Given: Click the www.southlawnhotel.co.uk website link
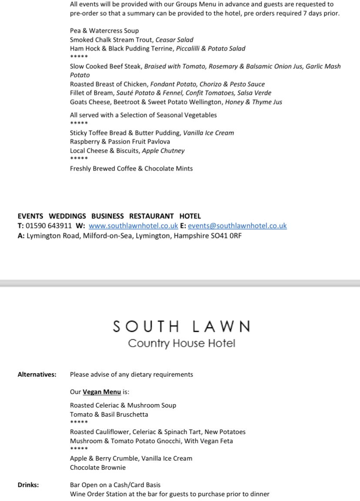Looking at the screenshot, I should coord(133,226).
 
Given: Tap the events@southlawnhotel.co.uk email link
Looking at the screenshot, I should coord(237,226).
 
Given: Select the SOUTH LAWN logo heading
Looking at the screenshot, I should coord(182,326).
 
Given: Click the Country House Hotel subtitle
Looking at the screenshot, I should coord(181,344).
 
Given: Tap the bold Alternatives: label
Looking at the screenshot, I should coord(37,374).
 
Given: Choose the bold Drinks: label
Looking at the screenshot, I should coord(28,485).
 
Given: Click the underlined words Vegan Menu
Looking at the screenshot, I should coord(102,392).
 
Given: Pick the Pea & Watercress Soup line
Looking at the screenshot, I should coord(104,31).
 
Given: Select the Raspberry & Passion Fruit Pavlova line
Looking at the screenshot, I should coord(120,142).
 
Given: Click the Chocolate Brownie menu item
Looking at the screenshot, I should coord(98,468).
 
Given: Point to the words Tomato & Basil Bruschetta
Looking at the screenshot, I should coord(109,414).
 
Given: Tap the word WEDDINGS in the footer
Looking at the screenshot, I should coord(67,216).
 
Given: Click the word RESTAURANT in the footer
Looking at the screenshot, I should coord(151,216).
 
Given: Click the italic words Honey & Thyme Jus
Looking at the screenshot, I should coord(253,102).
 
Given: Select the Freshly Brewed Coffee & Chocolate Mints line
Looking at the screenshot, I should coord(131,169).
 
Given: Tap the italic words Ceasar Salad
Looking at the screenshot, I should coord(174,40).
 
